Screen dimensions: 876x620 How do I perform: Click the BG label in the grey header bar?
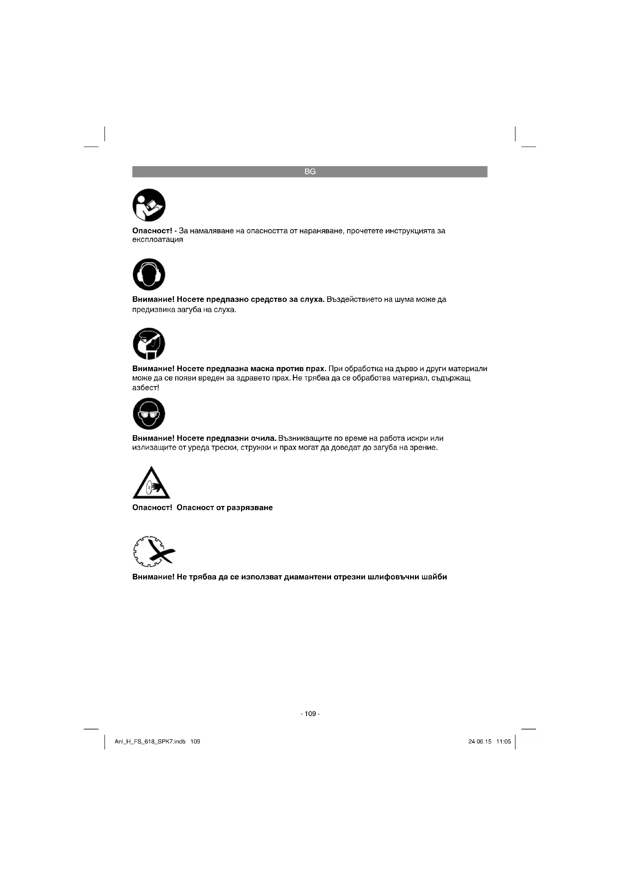pyautogui.click(x=310, y=172)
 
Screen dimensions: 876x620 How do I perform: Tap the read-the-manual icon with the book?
pyautogui.click(x=149, y=205)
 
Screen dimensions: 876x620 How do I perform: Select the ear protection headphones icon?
pyautogui.click(x=149, y=274)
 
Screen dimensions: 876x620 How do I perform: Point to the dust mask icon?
pyautogui.click(x=149, y=343)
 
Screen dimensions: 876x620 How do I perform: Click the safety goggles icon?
pyautogui.click(x=149, y=413)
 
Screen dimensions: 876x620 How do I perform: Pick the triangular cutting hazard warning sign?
pyautogui.click(x=151, y=484)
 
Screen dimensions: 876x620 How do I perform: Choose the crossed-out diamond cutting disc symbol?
pyautogui.click(x=153, y=552)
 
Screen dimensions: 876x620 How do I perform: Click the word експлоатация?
pyautogui.click(x=157, y=240)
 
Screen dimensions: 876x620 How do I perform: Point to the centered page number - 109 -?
pyautogui.click(x=310, y=713)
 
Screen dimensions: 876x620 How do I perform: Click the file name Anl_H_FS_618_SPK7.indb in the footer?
pyautogui.click(x=150, y=742)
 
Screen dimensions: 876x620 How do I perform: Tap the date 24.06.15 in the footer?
pyautogui.click(x=480, y=742)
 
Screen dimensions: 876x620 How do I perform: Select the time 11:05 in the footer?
pyautogui.click(x=503, y=742)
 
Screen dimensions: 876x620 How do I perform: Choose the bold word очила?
pyautogui.click(x=263, y=439)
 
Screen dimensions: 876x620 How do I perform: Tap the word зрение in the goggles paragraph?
pyautogui.click(x=425, y=448)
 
